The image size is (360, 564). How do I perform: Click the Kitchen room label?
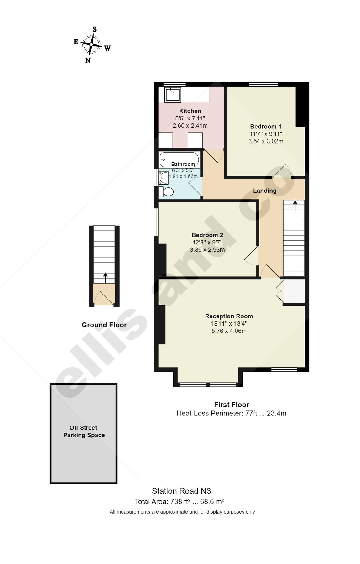pyautogui.click(x=190, y=111)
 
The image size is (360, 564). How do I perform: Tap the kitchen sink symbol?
pyautogui.click(x=173, y=95)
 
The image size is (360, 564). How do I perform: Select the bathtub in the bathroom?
pyautogui.click(x=179, y=159)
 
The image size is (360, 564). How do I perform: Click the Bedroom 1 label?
pyautogui.click(x=265, y=127)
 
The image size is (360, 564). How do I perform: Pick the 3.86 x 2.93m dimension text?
pyautogui.click(x=207, y=250)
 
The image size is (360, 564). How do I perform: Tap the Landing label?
pyautogui.click(x=264, y=191)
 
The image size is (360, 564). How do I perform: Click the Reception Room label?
pyautogui.click(x=229, y=316)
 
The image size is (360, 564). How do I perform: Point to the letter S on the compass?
pyautogui.click(x=94, y=29)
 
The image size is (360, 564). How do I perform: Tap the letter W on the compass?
pyautogui.click(x=107, y=48)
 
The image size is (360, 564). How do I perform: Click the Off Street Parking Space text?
pyautogui.click(x=84, y=431)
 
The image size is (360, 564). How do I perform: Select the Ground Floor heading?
pyautogui.click(x=104, y=325)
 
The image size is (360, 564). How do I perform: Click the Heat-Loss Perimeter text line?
pyautogui.click(x=231, y=413)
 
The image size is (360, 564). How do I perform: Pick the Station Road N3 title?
pyautogui.click(x=181, y=491)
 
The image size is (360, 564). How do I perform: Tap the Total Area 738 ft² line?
pyautogui.click(x=179, y=502)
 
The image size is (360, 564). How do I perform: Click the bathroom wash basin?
pyautogui.click(x=163, y=178)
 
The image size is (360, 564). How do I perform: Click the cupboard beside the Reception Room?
pyautogui.click(x=294, y=291)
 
